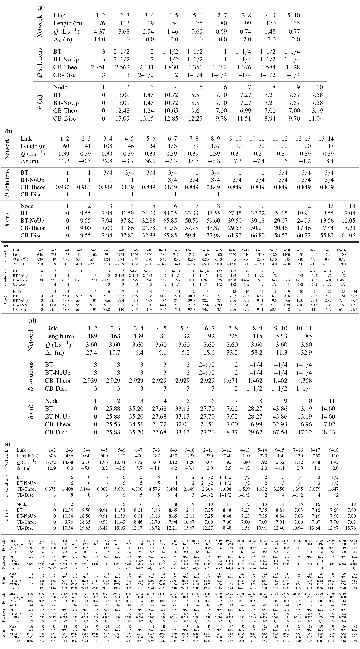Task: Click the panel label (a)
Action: click(x=41, y=7)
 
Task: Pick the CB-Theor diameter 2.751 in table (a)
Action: click(x=98, y=67)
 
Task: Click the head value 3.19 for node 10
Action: click(x=316, y=111)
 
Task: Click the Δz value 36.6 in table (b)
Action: click(x=150, y=161)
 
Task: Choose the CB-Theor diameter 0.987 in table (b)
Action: click(x=62, y=187)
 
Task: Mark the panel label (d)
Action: click(x=33, y=321)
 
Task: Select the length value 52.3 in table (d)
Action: click(x=281, y=336)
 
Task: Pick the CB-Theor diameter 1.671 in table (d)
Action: click(x=230, y=380)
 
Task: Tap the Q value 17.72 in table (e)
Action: click(x=51, y=462)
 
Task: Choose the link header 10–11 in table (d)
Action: click(x=304, y=328)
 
